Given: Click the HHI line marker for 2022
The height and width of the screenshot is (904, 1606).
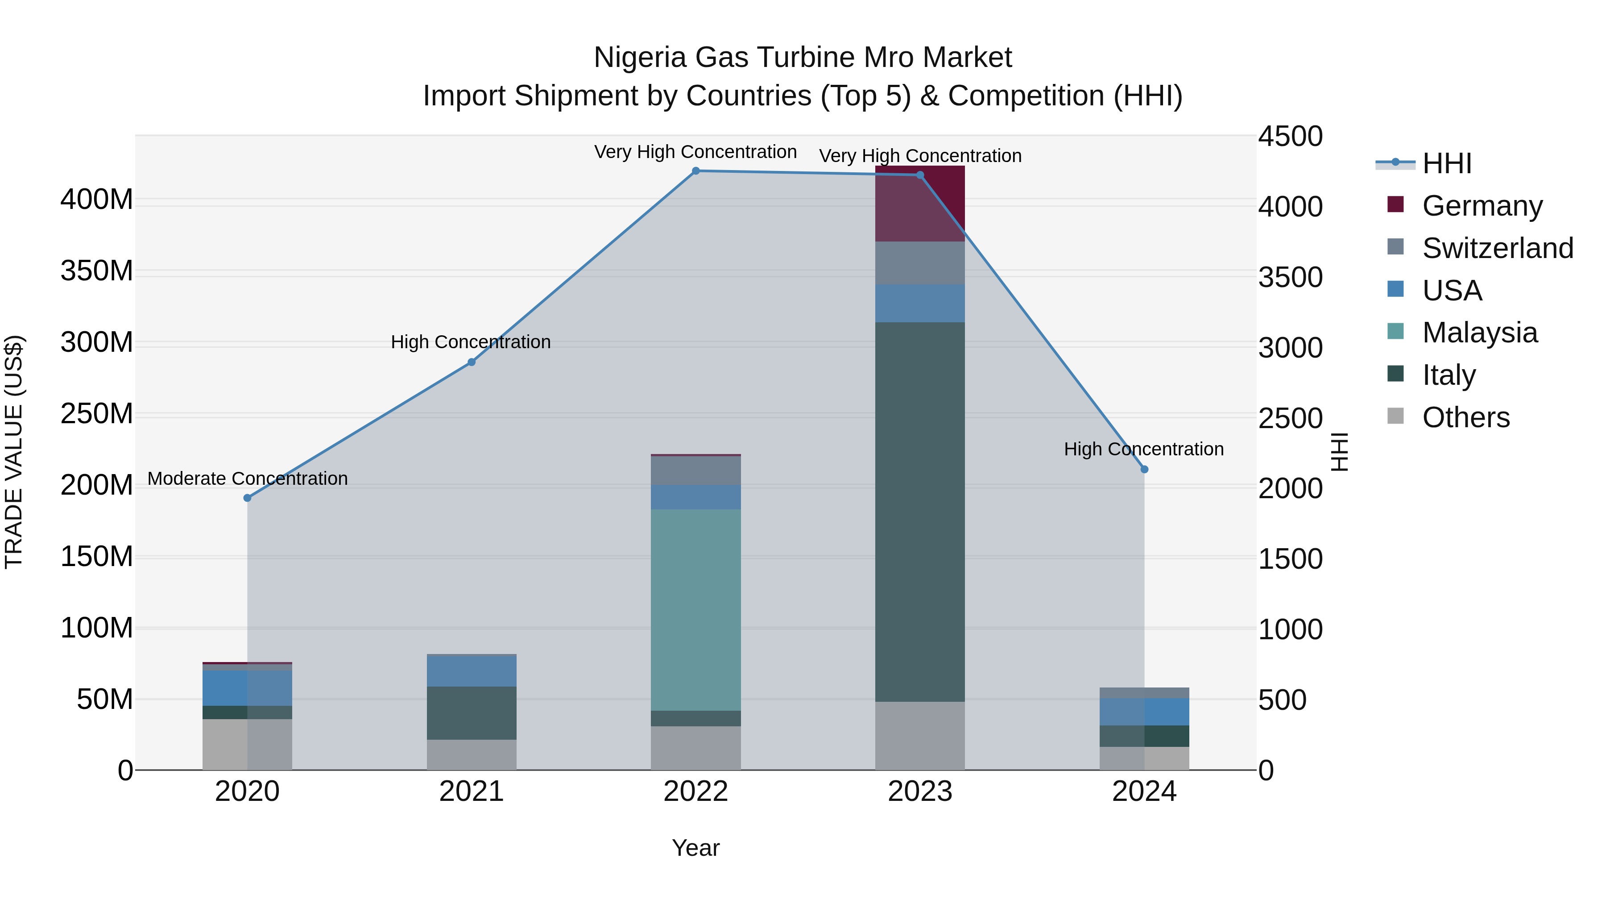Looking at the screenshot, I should point(696,171).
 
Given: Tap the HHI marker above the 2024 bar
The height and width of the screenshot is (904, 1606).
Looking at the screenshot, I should point(1144,469).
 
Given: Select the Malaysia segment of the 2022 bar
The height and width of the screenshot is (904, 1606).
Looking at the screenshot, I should point(696,609).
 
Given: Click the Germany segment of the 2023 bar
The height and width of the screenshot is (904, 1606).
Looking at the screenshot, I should point(920,204).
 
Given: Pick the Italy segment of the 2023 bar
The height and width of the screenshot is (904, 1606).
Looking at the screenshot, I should point(920,512).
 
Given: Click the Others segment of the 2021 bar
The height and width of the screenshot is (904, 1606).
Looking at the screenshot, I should point(472,754).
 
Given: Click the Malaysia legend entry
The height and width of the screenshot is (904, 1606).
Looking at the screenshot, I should point(1479,333).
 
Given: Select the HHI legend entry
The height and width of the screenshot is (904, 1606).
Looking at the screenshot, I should point(1446,163).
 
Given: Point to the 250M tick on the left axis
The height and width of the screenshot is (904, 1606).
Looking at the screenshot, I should point(97,414).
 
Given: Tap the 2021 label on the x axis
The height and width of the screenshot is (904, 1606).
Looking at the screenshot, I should point(472,792).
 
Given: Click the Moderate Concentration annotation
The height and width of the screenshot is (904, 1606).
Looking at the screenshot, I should point(248,479).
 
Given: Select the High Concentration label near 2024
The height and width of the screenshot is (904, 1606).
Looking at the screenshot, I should point(1143,449).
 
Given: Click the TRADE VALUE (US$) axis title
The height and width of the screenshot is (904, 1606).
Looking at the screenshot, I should point(14,452).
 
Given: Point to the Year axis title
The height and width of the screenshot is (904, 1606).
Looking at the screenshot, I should point(696,848).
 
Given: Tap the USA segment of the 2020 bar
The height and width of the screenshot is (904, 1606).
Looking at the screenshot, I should point(248,688).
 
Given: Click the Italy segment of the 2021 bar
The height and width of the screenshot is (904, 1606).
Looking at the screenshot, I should point(472,713).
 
